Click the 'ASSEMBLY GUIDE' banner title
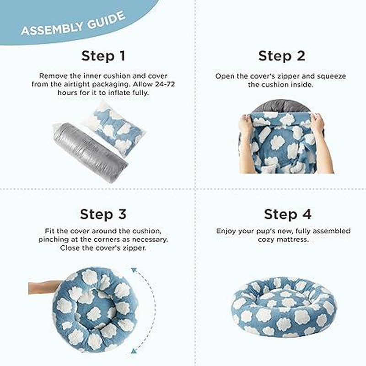(73, 24)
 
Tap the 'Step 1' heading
(103, 56)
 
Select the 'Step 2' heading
(282, 56)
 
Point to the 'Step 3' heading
(103, 214)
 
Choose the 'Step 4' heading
(288, 214)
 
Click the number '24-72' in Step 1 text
(165, 84)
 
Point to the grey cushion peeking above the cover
(282, 106)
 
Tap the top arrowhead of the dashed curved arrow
(134, 270)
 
